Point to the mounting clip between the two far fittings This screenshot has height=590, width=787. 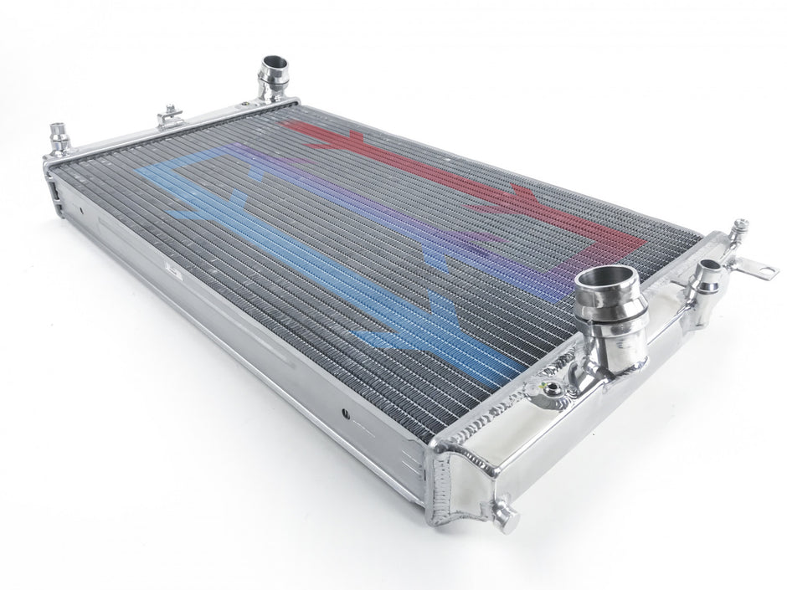[x=170, y=115]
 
